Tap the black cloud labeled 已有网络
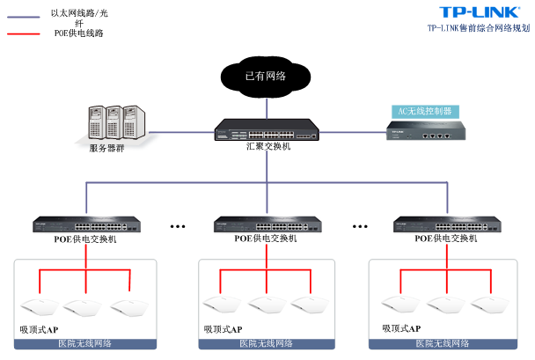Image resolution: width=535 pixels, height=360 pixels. pos(265,77)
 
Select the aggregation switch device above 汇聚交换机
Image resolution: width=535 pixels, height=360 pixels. pos(265,133)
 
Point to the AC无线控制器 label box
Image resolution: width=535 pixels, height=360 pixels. pos(424,112)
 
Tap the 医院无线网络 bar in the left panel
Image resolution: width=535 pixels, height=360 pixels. pos(85,343)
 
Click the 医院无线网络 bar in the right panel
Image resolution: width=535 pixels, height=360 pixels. pos(448,343)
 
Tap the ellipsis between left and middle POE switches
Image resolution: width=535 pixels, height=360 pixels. pos(179,226)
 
